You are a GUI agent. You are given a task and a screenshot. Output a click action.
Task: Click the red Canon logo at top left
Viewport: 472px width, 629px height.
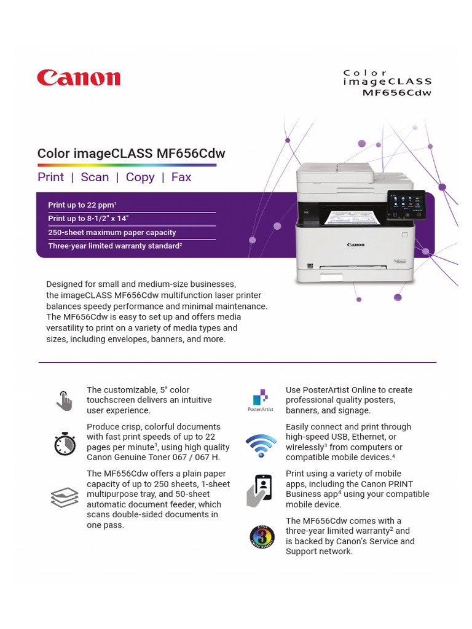coord(79,77)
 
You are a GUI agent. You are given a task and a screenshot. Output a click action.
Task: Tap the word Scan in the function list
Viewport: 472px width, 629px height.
coord(95,177)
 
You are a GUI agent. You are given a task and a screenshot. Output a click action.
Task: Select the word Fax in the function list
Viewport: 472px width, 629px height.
coord(181,177)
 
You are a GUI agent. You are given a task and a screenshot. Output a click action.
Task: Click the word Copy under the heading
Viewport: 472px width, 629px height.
coord(140,177)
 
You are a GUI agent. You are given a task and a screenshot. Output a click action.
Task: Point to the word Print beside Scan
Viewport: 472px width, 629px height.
coord(50,177)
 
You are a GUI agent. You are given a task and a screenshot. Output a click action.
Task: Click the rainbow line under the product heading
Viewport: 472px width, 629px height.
coord(127,165)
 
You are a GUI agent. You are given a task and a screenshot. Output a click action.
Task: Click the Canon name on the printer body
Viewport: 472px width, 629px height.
coord(355,245)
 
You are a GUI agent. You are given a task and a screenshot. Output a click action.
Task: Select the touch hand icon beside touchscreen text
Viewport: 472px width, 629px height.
coord(64,400)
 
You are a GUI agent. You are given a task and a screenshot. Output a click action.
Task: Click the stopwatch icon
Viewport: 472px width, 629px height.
coord(65,443)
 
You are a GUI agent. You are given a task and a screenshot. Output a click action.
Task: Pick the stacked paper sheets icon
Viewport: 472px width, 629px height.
coord(64,497)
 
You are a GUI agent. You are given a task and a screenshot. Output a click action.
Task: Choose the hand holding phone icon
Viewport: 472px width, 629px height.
coord(259,490)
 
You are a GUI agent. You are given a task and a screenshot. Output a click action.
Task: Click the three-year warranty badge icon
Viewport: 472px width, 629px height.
coord(261,537)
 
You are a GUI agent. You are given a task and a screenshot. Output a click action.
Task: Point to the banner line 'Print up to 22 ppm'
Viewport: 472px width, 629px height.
coord(82,205)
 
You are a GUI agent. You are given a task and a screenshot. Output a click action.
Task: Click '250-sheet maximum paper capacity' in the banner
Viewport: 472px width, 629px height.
coord(112,233)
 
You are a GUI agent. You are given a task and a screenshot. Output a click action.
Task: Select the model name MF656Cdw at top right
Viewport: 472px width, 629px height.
coord(397,93)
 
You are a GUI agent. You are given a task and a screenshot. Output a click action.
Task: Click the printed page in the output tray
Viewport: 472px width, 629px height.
coord(348,217)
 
